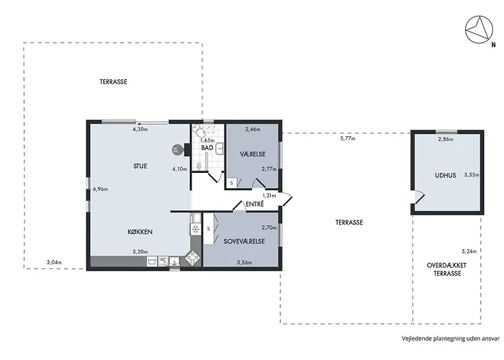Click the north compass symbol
coord(479,30)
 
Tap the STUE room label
coord(140,166)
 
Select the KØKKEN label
coord(140,232)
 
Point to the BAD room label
coord(207,148)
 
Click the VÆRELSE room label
coord(253,154)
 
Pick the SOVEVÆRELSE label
coord(244,241)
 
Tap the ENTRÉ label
coord(255,204)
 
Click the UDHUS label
coord(446,176)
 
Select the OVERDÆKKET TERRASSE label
coord(447,269)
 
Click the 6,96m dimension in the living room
coord(100,189)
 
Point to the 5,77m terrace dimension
coord(348,139)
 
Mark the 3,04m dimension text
coord(54,262)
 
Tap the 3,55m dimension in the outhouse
coord(472,175)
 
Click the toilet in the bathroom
coord(198,130)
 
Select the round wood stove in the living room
coord(177,150)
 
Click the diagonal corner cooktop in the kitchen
coord(193,258)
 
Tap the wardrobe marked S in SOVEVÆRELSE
coord(209,229)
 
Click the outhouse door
coord(418,197)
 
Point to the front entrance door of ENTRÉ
coord(286,199)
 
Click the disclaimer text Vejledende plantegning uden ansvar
coord(451,338)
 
